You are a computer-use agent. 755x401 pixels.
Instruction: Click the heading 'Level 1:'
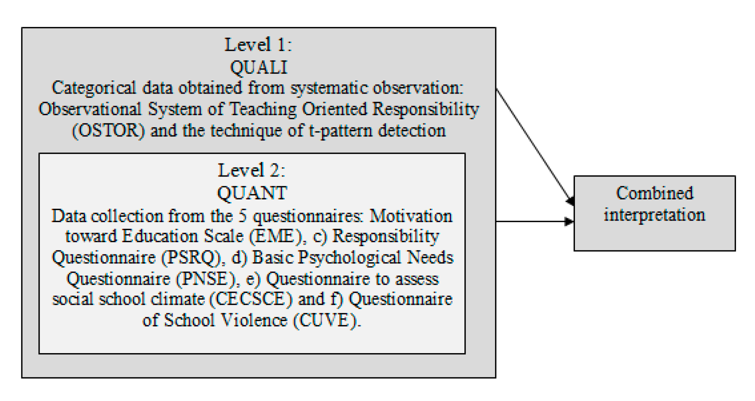click(x=258, y=45)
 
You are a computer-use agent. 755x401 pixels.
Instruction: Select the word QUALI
click(x=259, y=67)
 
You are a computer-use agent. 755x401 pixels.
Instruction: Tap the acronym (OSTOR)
click(x=108, y=131)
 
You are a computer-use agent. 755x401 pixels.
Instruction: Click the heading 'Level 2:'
click(x=251, y=171)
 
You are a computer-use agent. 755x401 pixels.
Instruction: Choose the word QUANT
click(x=252, y=193)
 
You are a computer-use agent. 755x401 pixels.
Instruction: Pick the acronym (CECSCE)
click(x=251, y=299)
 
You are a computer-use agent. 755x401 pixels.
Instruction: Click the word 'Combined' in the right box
click(x=655, y=193)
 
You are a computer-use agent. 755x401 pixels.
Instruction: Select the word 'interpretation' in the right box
click(x=655, y=215)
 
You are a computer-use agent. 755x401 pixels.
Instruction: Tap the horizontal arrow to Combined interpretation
click(x=534, y=221)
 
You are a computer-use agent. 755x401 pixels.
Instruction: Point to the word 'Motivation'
click(x=411, y=216)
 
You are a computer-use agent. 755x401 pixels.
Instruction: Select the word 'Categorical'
click(x=94, y=88)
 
